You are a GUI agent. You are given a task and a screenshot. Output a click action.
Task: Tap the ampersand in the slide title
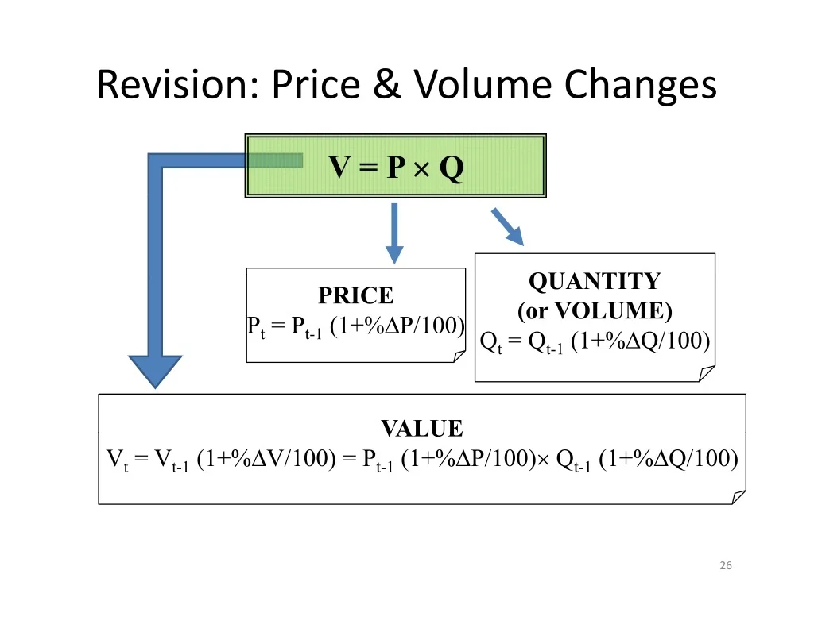click(387, 83)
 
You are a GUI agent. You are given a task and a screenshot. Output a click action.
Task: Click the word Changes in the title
click(640, 86)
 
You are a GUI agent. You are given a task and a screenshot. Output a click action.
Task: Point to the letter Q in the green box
click(452, 168)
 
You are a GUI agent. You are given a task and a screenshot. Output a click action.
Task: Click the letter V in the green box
click(339, 167)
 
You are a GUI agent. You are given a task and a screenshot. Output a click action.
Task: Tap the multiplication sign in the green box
click(421, 168)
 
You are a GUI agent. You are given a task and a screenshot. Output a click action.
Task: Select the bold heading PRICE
click(356, 295)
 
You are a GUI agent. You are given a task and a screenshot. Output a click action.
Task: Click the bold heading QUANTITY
click(595, 281)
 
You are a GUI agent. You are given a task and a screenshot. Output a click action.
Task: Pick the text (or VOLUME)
click(595, 310)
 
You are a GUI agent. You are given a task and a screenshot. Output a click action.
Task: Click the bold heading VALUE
click(422, 429)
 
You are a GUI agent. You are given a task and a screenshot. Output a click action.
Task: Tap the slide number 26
click(726, 565)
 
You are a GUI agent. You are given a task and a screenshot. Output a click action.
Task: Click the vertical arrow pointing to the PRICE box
click(394, 233)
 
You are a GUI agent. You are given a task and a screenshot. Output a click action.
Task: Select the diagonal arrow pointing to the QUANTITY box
click(508, 226)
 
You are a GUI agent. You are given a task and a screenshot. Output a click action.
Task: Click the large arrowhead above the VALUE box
click(155, 371)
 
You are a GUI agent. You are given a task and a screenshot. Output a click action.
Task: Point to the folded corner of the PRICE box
click(459, 356)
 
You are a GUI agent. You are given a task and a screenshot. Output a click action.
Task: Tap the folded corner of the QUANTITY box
click(707, 373)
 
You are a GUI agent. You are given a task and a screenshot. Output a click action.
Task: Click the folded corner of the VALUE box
click(738, 497)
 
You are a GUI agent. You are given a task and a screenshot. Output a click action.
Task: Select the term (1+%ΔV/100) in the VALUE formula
click(266, 458)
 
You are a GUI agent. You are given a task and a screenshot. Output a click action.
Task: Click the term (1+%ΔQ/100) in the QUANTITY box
click(640, 341)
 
